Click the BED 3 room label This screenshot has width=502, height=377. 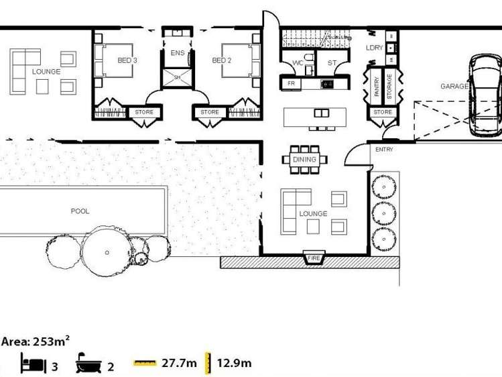coord(127,60)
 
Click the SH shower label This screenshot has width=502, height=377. coord(178,78)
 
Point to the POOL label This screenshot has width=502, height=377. coord(80,211)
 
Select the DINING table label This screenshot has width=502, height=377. coord(306,160)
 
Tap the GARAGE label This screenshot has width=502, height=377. coord(454,87)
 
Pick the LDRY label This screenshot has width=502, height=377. coord(374,48)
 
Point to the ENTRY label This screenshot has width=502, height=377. coord(384,150)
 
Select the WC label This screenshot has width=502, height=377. coord(298,63)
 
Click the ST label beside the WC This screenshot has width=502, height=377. coord(332,63)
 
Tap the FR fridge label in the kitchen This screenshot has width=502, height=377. coord(292,83)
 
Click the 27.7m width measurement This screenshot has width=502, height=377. coord(179,364)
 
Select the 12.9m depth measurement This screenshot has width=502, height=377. coord(234,364)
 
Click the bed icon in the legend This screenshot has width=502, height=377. coord(33,364)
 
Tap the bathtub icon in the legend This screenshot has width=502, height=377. coord(88,364)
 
